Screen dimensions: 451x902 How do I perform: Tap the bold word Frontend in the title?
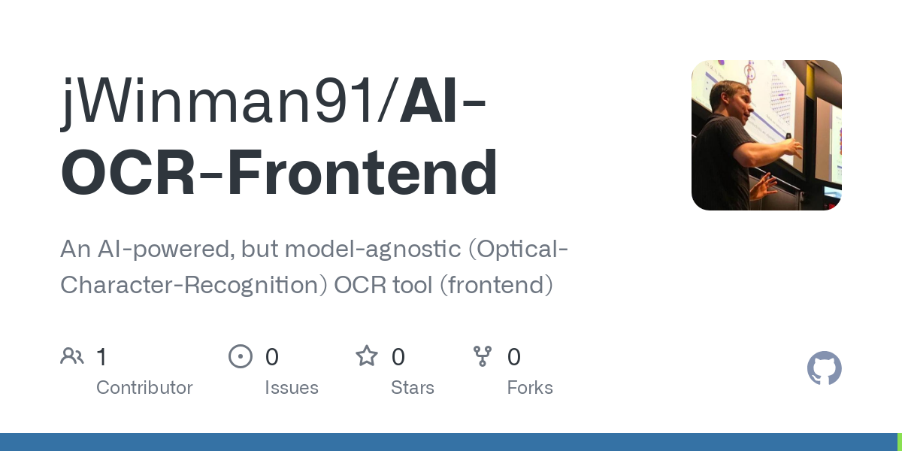[362, 173]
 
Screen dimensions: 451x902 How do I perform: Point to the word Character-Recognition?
[194, 286]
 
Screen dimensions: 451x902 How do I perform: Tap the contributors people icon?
[72, 356]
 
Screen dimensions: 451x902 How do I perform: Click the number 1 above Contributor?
[101, 357]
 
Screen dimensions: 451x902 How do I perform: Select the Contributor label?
[144, 388]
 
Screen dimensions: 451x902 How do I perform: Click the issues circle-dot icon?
[241, 356]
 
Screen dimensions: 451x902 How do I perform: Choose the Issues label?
[292, 388]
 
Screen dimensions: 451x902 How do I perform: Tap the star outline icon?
[367, 356]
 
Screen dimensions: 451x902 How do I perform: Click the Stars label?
[413, 388]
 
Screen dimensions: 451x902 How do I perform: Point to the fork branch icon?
[483, 356]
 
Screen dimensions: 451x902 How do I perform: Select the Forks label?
[530, 388]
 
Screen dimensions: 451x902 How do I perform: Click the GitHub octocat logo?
[824, 368]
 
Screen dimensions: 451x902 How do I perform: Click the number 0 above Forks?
[514, 357]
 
